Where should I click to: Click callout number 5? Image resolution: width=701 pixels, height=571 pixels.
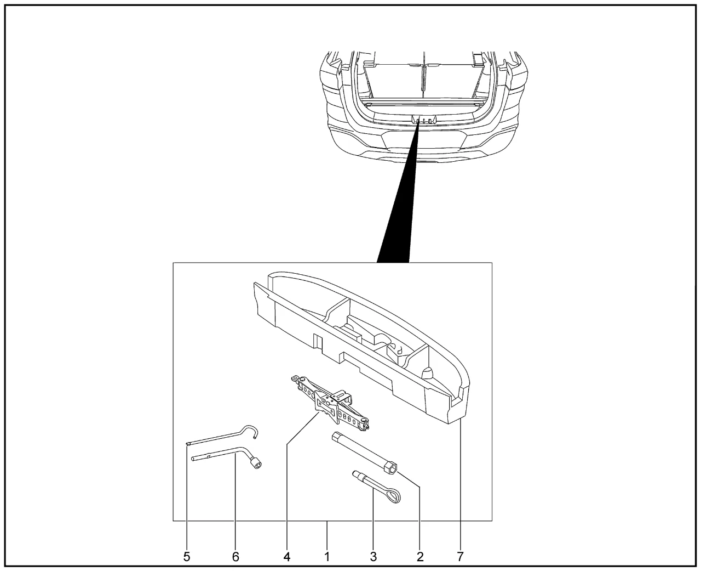point(187,557)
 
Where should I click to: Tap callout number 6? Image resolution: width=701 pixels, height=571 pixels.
point(235,557)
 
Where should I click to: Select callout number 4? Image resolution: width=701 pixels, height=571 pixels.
point(286,557)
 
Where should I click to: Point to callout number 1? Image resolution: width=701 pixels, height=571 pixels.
point(327,557)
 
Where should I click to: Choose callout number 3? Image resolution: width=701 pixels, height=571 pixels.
point(373,557)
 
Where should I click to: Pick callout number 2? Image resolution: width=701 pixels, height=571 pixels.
point(420,557)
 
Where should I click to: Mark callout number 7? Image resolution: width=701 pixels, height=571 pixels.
point(460,557)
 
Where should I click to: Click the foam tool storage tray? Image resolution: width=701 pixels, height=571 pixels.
point(361,346)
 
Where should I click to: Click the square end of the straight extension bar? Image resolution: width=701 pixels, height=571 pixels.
point(337,436)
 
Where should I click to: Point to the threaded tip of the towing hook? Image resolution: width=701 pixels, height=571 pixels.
point(356,474)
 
